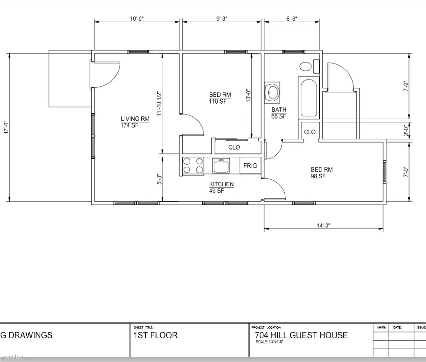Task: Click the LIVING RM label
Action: pos(135,119)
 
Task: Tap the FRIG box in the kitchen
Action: pos(250,166)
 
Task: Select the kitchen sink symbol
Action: pos(221,165)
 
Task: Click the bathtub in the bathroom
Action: pos(309,98)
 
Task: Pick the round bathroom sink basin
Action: pos(272,92)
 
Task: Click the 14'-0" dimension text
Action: pos(323,225)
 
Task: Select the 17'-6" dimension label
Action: pos(6,127)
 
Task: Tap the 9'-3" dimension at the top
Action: pos(222,19)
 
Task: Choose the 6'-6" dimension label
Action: pos(292,19)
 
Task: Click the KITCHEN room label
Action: pos(222,184)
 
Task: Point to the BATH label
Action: pos(279,110)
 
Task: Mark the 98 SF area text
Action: pos(318,176)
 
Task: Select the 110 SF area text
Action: pos(218,101)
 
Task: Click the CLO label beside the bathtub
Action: pos(310,132)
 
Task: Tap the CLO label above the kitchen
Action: pos(234,147)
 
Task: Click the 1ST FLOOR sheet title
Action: pos(155,335)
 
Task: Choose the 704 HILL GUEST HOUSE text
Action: pos(301,335)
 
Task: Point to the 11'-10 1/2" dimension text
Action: pos(159,104)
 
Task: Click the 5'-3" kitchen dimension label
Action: pos(159,179)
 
